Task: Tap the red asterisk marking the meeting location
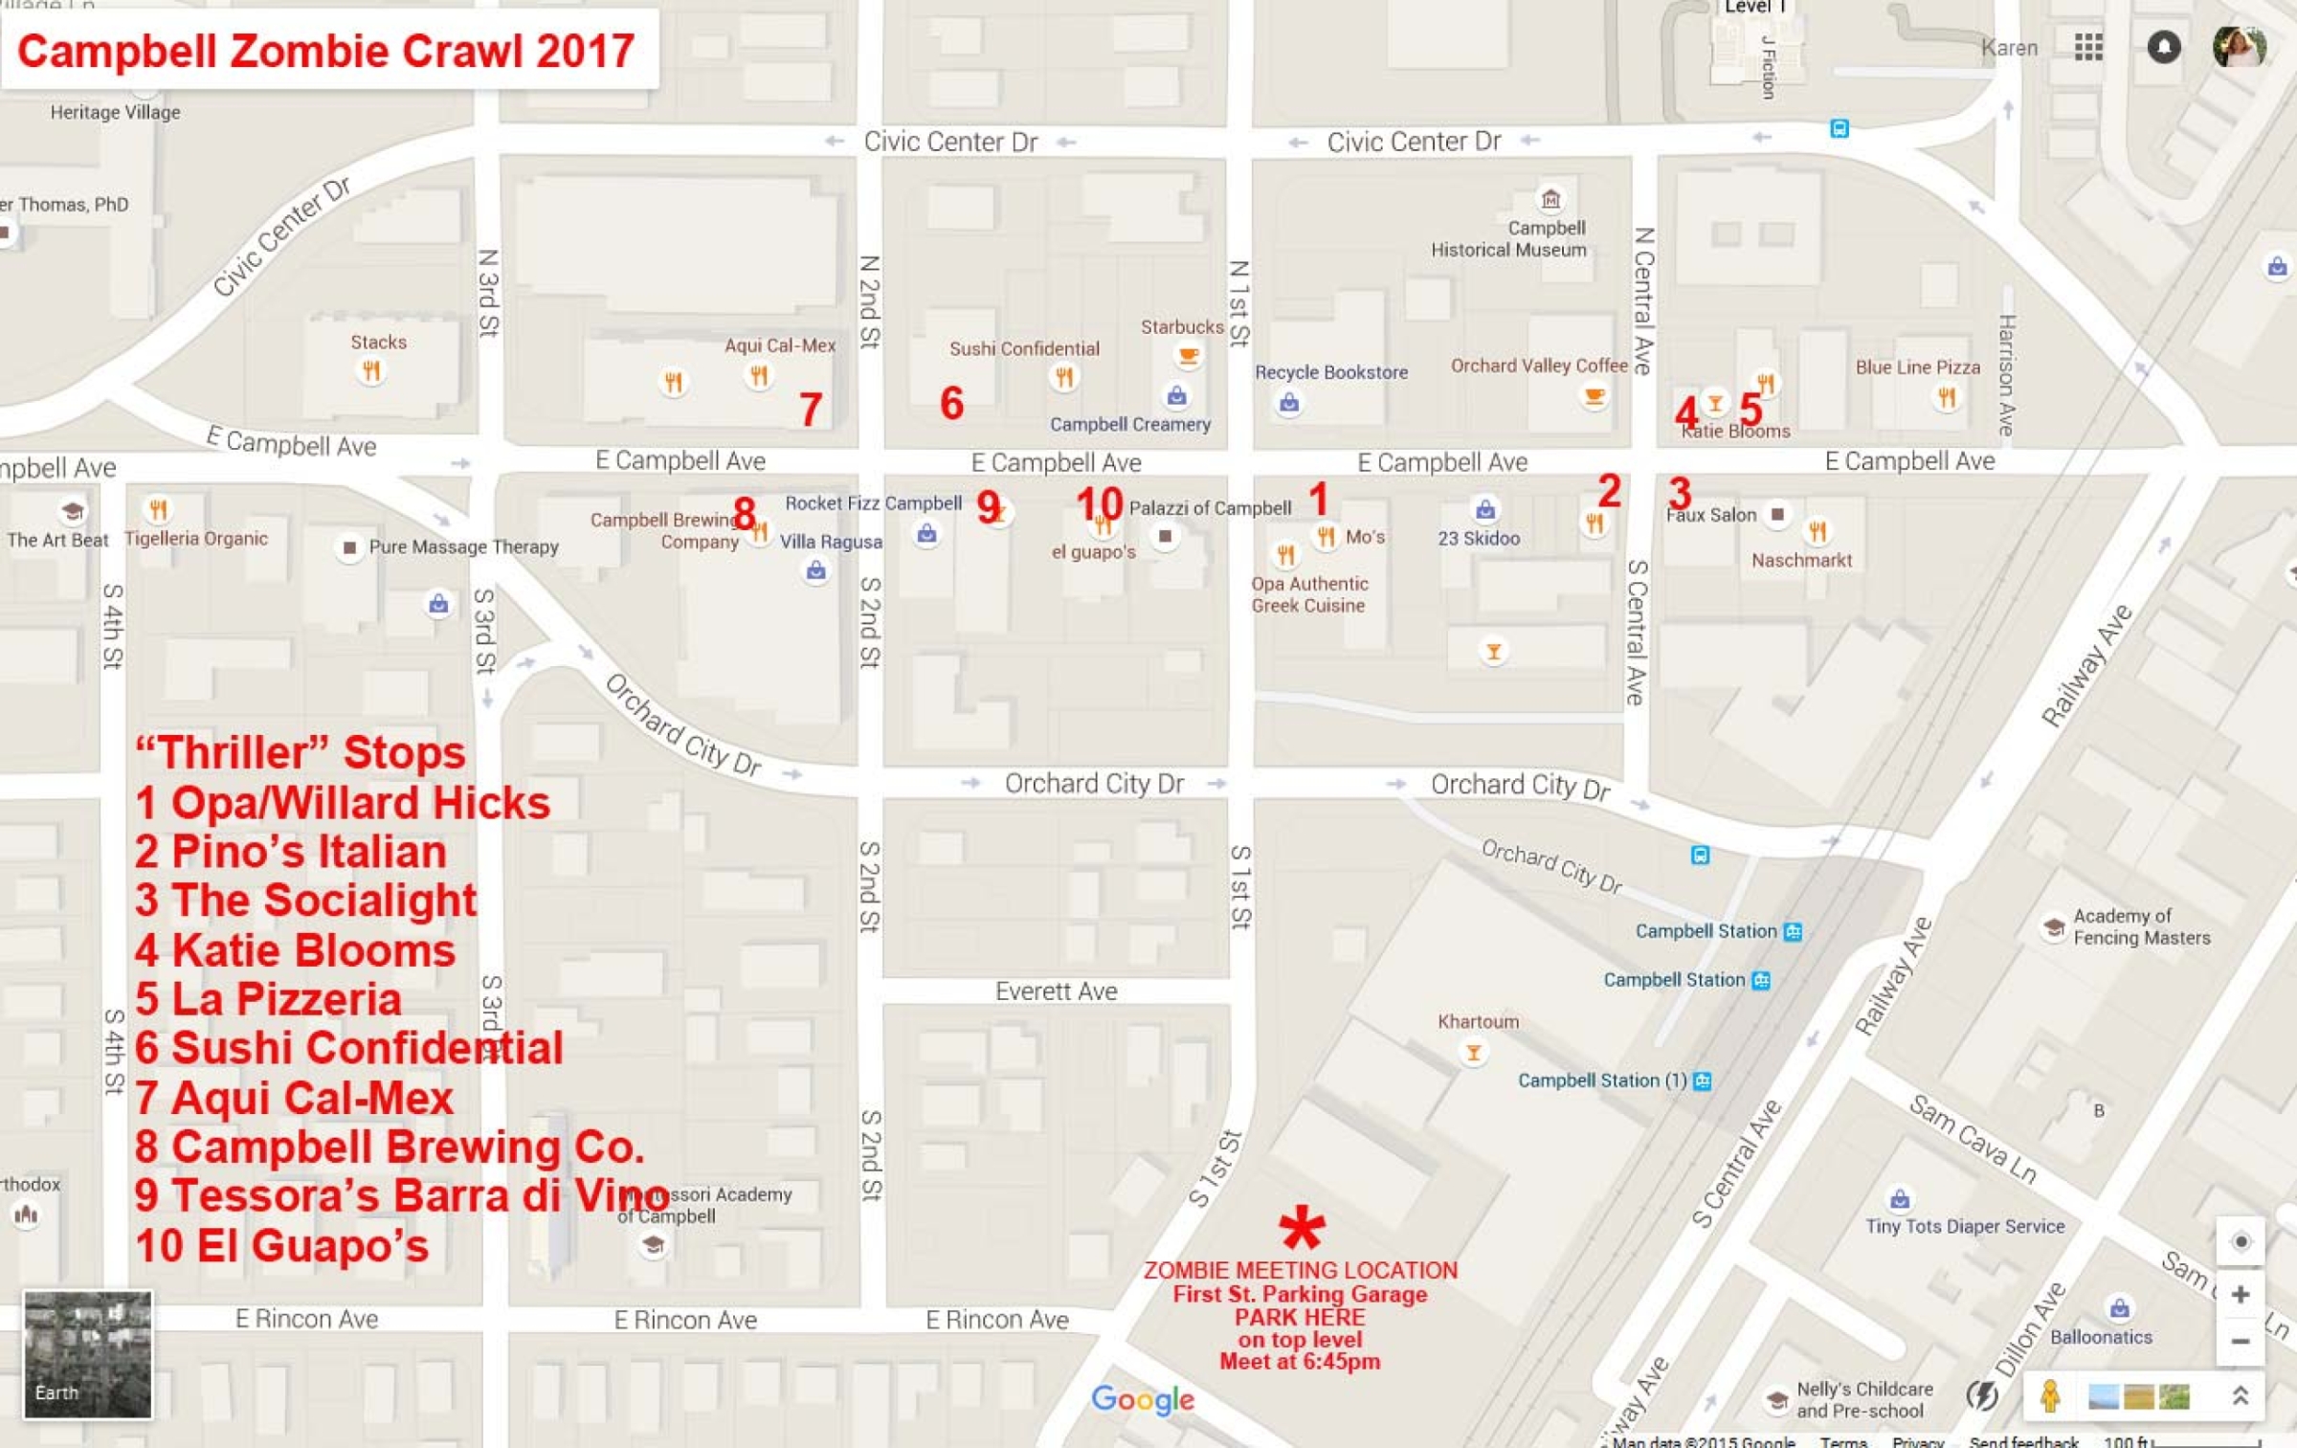1302,1227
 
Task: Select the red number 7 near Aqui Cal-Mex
811,410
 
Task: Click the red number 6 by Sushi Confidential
951,403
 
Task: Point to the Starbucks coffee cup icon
1188,356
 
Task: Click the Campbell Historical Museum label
1509,239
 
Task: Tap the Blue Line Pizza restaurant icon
1946,396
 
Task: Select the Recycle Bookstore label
1330,372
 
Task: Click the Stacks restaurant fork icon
370,370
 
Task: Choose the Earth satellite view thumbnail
87,1353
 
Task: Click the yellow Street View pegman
2049,1396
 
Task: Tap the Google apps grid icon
2087,47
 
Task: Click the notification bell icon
2163,47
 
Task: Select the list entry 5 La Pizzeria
268,999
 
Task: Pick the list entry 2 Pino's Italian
291,852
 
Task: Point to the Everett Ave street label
1056,991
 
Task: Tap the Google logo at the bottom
1143,1399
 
